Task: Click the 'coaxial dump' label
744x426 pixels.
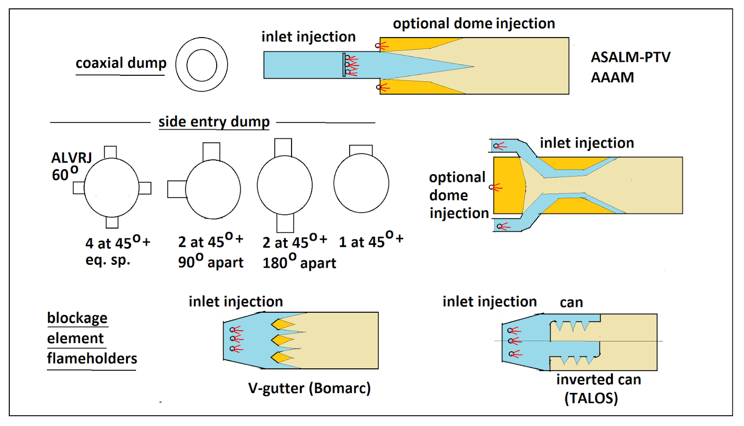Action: click(x=121, y=63)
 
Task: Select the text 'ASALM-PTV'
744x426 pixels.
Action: click(x=631, y=57)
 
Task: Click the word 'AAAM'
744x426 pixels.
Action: click(x=612, y=77)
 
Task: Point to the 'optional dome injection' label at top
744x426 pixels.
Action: click(x=474, y=24)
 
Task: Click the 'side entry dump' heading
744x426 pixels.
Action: click(x=214, y=122)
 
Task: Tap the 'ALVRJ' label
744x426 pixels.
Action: click(x=72, y=158)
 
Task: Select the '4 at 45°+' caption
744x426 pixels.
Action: click(x=118, y=242)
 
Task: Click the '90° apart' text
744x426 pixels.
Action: click(x=211, y=262)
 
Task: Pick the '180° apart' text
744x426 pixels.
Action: click(x=299, y=262)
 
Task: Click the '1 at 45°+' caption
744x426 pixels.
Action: click(x=371, y=241)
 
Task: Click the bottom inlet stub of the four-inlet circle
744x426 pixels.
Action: click(x=112, y=222)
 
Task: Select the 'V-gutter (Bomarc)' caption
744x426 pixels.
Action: click(x=309, y=388)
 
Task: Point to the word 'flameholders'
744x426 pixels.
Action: click(x=92, y=358)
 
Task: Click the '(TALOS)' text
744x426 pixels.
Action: click(x=591, y=398)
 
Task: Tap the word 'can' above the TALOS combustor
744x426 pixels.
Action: click(x=571, y=302)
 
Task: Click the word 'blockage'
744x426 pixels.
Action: click(x=77, y=318)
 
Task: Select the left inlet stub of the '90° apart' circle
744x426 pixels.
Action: click(x=177, y=189)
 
